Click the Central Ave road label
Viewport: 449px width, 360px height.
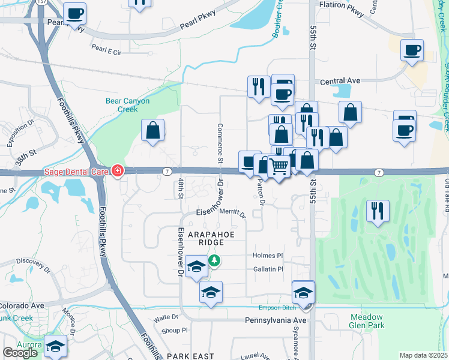point(340,81)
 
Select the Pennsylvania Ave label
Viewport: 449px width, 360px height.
point(276,321)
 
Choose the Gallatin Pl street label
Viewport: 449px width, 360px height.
point(268,269)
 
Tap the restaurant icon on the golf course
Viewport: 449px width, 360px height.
point(378,211)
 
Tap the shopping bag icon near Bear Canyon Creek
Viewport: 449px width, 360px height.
point(153,130)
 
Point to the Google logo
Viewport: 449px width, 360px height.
point(20,353)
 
